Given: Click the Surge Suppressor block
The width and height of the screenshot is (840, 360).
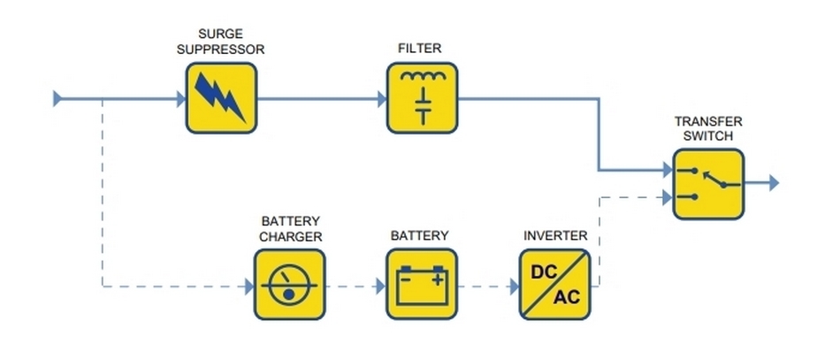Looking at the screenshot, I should pyautogui.click(x=221, y=97).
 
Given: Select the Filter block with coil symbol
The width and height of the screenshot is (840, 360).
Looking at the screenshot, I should pyautogui.click(x=423, y=97).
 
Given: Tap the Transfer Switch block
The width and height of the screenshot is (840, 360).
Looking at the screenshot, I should pyautogui.click(x=708, y=184).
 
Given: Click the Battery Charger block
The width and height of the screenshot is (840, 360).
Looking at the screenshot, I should pyautogui.click(x=290, y=285).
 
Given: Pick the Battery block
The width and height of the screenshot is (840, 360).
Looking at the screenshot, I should pyautogui.click(x=423, y=285).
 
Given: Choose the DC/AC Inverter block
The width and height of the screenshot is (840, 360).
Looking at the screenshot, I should pyautogui.click(x=554, y=285).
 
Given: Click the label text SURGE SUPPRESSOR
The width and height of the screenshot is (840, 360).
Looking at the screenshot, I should pyautogui.click(x=220, y=41).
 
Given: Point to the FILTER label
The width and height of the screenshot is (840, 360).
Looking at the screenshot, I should pyautogui.click(x=421, y=49).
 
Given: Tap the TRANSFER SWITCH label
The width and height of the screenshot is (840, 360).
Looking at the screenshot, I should pyautogui.click(x=708, y=128).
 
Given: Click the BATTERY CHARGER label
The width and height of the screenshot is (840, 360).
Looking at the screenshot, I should pyautogui.click(x=290, y=228).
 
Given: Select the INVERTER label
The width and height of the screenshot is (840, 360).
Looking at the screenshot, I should pyautogui.click(x=554, y=235).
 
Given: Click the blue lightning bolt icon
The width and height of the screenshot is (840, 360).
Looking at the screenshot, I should pyautogui.click(x=220, y=97).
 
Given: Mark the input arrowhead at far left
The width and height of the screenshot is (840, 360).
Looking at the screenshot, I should pyautogui.click(x=58, y=97).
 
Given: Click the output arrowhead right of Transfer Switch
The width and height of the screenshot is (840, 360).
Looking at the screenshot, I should pyautogui.click(x=774, y=183).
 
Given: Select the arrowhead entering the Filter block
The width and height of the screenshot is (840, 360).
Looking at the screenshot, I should pyautogui.click(x=382, y=97).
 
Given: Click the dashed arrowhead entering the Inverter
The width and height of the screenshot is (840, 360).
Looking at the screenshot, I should pyautogui.click(x=514, y=286).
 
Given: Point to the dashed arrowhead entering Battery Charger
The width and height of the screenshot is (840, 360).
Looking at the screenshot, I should pyautogui.click(x=248, y=286).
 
